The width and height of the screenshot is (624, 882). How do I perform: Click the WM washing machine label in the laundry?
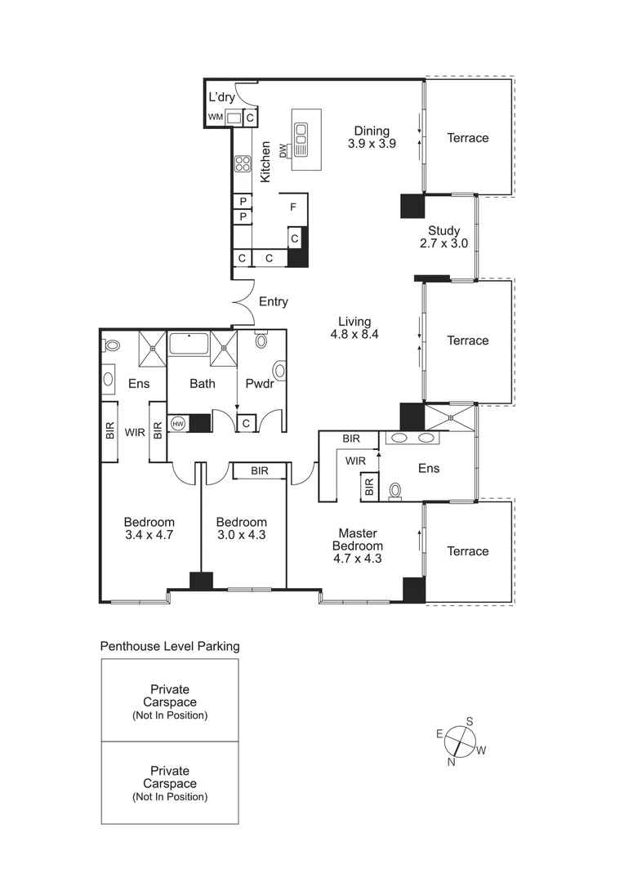pos(215,118)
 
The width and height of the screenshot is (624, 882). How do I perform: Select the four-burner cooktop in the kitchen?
pos(243,163)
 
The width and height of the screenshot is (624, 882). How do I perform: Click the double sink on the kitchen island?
pos(302,140)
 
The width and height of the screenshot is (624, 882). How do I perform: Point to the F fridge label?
pos(292,207)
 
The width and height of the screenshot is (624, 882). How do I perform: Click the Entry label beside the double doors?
pos(273,302)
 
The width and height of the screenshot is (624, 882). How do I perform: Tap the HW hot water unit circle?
pos(178,424)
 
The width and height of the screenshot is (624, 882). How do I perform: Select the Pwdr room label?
pos(259,383)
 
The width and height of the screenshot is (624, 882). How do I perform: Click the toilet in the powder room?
pos(262,340)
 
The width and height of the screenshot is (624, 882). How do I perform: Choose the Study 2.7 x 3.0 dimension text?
pos(444,243)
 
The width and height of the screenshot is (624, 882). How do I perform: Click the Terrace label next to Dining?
pos(467,138)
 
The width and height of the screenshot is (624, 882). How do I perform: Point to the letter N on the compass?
pos(451,762)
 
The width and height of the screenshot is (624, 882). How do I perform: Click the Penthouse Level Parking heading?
pos(170,646)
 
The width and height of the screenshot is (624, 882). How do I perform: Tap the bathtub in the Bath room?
pos(189,343)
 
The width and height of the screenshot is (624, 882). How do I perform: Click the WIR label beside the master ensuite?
pos(355,461)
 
